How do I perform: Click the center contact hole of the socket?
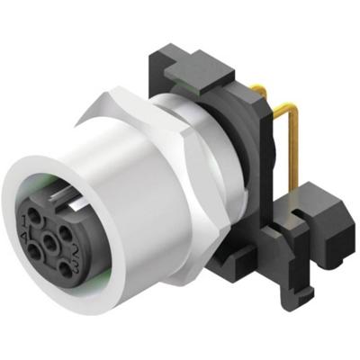(x=49, y=242)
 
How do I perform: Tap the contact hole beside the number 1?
(x=34, y=215)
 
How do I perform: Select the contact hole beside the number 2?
(x=65, y=232)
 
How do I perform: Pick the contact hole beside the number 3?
(x=65, y=269)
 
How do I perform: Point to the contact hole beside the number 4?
(x=34, y=251)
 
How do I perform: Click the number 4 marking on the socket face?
(x=23, y=236)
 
